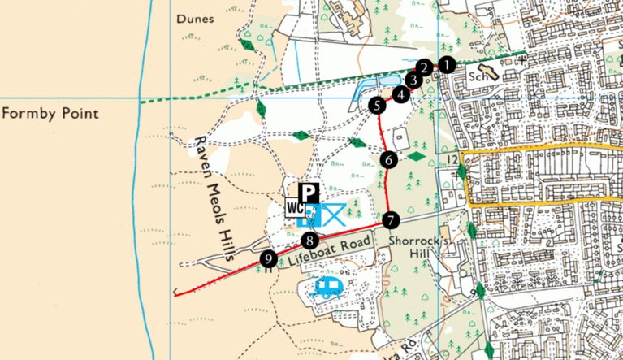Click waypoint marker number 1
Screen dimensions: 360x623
446,64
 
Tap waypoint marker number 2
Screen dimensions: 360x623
423,68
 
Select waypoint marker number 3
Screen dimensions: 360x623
413,80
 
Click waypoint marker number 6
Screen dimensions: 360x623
389,160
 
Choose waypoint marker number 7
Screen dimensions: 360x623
391,219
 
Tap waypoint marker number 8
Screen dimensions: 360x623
309,240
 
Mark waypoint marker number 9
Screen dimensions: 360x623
268,259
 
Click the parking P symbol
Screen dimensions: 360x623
309,193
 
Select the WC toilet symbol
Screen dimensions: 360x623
293,208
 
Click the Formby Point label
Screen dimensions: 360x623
50,113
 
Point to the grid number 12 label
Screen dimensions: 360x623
452,158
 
